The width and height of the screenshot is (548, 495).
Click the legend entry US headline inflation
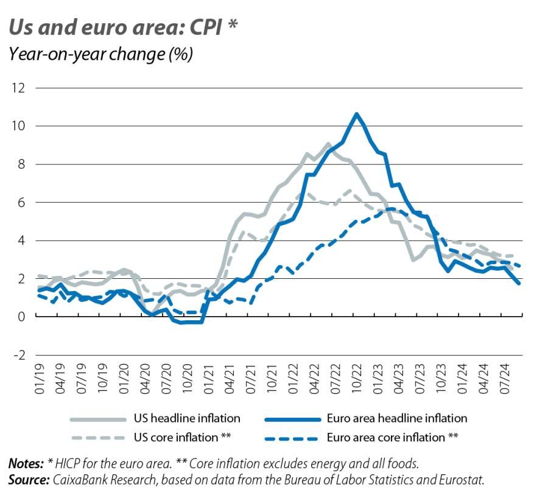pos(186,418)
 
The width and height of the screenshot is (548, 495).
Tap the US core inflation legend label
pos(183,437)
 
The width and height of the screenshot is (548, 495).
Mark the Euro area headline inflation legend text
pos(396,418)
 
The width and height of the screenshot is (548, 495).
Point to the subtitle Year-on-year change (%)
pos(100,54)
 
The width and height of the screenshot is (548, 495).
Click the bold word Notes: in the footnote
pos(26,464)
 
